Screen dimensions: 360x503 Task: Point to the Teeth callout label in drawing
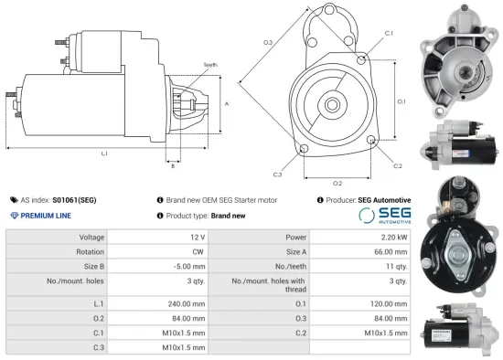[x=210, y=66]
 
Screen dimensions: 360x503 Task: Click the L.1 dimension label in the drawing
[x=104, y=154]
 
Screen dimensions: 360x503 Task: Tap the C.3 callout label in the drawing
[x=277, y=174]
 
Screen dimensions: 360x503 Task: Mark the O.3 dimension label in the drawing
[x=268, y=43]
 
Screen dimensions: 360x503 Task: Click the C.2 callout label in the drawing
[x=398, y=165]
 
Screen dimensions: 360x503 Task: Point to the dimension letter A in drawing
[x=226, y=104]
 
